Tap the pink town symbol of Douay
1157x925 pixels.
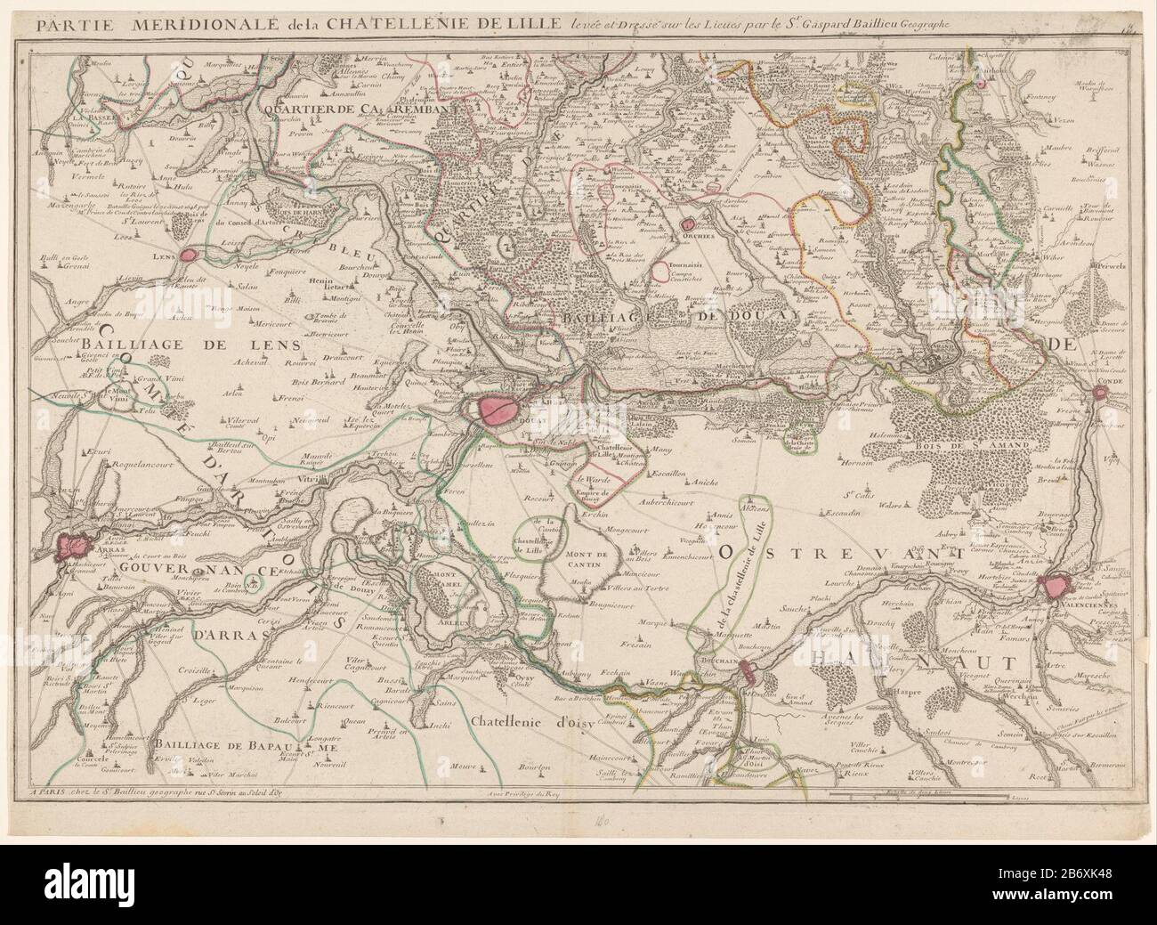(x=496, y=409)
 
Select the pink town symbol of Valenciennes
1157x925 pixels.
(x=1058, y=585)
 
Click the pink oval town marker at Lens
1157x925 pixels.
(x=188, y=256)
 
